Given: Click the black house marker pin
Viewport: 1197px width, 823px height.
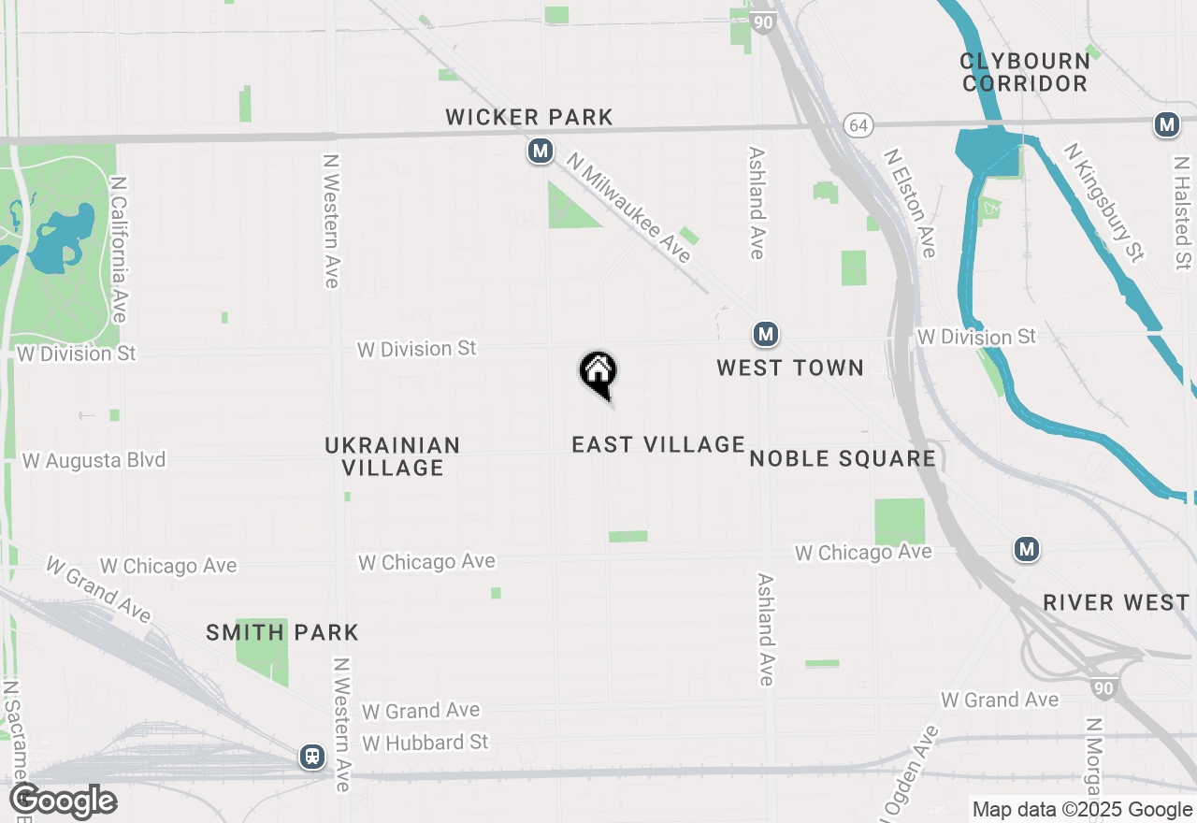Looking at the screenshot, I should click(598, 373).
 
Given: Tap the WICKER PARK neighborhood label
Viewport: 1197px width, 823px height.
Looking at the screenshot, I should click(529, 117).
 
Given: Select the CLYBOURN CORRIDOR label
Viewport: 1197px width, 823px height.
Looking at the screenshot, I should click(1025, 72).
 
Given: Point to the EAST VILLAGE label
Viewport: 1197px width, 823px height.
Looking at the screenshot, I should click(658, 444).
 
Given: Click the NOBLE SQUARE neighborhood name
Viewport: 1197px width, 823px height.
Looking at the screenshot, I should click(843, 457).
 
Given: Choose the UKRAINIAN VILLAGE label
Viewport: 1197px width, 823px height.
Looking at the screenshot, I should click(393, 456).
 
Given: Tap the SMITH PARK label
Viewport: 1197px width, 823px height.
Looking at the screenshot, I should click(282, 632).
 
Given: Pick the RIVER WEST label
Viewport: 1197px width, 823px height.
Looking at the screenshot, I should click(1116, 602).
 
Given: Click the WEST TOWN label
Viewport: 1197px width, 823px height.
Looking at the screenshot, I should click(790, 368).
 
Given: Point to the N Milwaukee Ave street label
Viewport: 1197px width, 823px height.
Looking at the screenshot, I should click(628, 209).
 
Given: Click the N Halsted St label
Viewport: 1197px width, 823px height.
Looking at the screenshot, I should click(1183, 212).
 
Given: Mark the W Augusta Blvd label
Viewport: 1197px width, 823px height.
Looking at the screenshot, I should click(94, 460).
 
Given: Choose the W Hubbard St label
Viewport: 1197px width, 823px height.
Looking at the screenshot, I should click(425, 743).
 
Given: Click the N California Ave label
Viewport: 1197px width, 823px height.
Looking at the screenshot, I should click(119, 249).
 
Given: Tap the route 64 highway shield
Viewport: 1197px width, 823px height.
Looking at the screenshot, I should click(858, 124).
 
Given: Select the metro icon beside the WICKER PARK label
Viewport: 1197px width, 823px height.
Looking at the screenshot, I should click(540, 151).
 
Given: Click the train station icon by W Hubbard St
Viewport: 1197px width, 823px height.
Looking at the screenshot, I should click(311, 757).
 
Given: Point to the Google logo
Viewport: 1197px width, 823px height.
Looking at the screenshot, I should click(63, 801).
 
